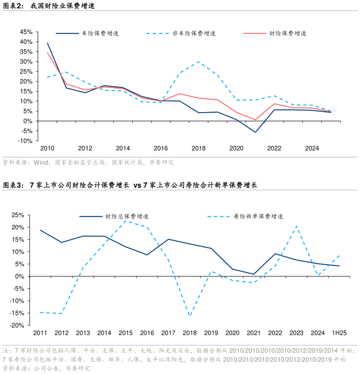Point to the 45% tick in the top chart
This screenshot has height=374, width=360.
(26, 32)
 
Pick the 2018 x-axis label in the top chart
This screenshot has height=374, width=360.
(198, 148)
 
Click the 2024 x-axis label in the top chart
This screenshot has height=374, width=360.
(312, 148)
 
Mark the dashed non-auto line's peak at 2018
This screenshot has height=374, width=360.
(198, 62)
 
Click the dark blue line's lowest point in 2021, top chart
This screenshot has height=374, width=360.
(255, 132)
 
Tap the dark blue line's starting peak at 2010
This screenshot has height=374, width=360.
(47, 43)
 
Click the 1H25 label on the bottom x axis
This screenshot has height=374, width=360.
(339, 333)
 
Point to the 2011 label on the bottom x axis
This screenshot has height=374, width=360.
(40, 333)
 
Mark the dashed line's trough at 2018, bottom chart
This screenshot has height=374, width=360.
(190, 316)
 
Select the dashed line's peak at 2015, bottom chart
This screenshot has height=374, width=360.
(126, 221)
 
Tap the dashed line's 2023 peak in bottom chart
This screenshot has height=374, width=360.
(297, 226)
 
